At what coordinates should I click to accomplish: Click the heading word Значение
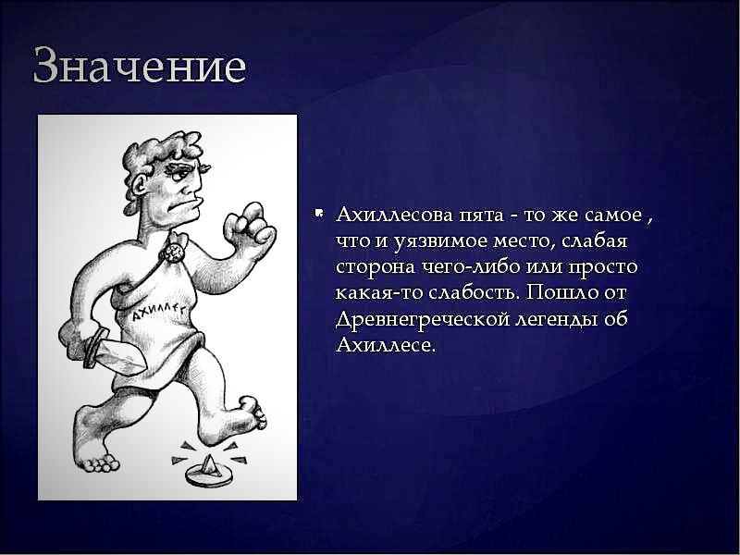[x=140, y=66]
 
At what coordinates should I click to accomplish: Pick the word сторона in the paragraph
[x=376, y=267]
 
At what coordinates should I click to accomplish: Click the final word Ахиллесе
[x=385, y=345]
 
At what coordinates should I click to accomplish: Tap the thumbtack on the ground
[x=209, y=472]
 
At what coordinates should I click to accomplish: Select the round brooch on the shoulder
[x=173, y=253]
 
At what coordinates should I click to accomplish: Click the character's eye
[x=179, y=175]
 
